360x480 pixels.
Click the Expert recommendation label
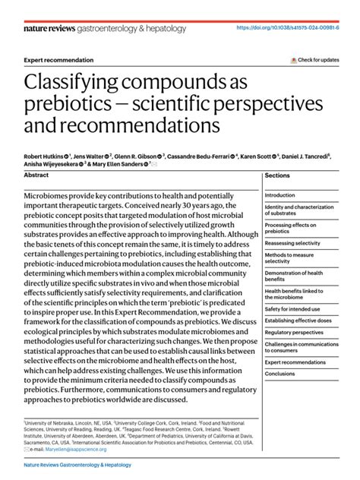click(59, 60)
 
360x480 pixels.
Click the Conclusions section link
click(279, 373)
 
